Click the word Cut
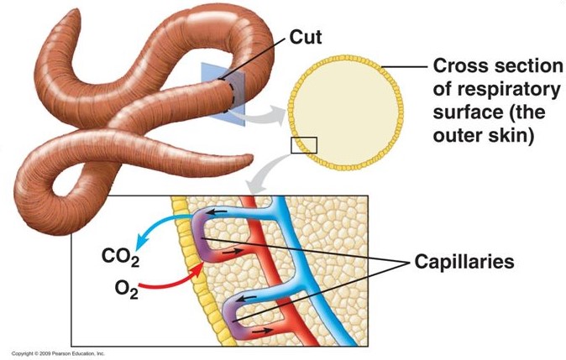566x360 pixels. pyautogui.click(x=307, y=36)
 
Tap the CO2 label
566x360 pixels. pyautogui.click(x=122, y=254)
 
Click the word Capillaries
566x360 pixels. pyautogui.click(x=464, y=262)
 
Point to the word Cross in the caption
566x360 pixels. pyautogui.click(x=459, y=66)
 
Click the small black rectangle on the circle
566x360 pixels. pyautogui.click(x=302, y=145)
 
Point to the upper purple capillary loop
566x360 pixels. pyautogui.click(x=206, y=231)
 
